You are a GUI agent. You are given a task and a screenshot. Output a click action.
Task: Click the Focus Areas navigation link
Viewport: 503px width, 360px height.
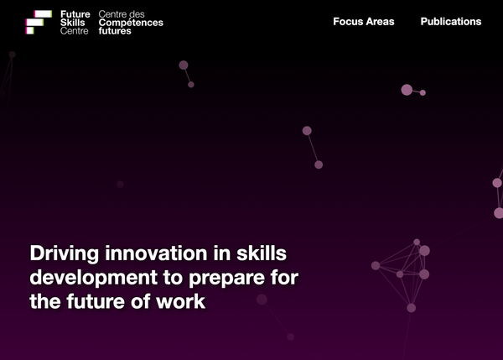click(364, 22)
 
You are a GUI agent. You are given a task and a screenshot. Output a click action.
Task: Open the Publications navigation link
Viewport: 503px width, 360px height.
click(451, 22)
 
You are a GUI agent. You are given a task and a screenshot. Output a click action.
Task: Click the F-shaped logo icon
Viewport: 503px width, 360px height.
click(39, 22)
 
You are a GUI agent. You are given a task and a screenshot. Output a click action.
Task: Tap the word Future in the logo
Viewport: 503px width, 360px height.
click(75, 14)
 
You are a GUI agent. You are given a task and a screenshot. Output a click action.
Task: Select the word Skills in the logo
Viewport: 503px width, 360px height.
click(72, 23)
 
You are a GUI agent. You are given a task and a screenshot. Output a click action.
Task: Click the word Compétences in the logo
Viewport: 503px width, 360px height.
click(131, 23)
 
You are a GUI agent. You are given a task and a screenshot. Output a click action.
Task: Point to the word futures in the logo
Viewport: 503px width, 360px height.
click(115, 31)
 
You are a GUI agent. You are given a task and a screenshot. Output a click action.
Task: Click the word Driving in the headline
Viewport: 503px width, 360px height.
click(65, 254)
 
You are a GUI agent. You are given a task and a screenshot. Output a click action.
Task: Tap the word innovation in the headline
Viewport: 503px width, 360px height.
click(156, 253)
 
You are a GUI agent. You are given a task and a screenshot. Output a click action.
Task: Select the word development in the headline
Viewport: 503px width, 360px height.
click(94, 278)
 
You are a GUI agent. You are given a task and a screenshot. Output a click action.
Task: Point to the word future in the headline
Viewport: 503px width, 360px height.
click(96, 301)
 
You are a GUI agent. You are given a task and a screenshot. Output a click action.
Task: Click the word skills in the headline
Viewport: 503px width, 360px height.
click(261, 253)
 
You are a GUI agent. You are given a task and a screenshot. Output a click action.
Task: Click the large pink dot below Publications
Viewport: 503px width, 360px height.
click(407, 90)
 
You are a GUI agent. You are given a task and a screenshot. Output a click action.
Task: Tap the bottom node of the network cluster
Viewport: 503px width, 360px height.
click(412, 308)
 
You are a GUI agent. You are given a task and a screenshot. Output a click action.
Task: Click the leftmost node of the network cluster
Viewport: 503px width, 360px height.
click(376, 265)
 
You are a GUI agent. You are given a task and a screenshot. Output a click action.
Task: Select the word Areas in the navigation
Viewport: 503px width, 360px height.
click(380, 22)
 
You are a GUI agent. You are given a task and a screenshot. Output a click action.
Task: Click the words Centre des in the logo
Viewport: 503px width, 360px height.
click(122, 14)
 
